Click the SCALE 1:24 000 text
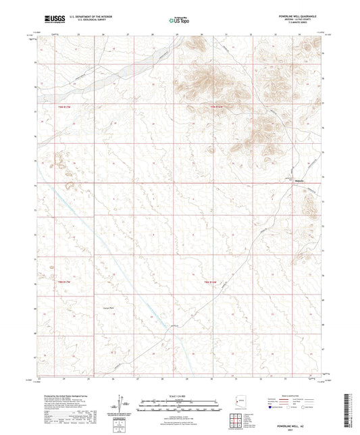click(180, 396)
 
